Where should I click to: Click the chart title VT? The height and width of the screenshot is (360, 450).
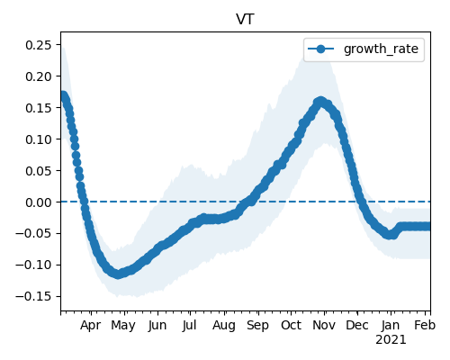click(x=245, y=20)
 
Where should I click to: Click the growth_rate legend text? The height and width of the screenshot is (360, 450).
click(x=381, y=49)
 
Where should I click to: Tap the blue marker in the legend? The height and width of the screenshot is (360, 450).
click(x=320, y=49)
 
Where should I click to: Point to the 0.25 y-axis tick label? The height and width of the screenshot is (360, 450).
click(x=39, y=45)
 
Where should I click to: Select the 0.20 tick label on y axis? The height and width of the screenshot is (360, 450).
click(x=39, y=76)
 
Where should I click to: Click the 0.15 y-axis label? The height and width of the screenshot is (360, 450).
click(x=39, y=108)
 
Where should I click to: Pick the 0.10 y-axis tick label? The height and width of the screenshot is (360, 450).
click(x=39, y=139)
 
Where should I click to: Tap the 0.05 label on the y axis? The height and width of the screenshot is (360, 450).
click(x=39, y=171)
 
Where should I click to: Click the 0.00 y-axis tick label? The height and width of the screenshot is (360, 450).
click(x=39, y=202)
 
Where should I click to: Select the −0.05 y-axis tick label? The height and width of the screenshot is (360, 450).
click(x=34, y=233)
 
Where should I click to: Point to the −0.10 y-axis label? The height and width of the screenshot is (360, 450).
click(x=34, y=265)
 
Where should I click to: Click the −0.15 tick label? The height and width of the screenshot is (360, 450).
click(x=34, y=296)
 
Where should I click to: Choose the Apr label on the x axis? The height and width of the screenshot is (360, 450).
click(x=91, y=326)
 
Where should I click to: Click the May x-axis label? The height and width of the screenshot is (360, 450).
click(x=123, y=326)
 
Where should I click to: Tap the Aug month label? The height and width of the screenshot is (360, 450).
click(x=224, y=326)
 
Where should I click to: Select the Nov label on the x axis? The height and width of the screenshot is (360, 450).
click(x=324, y=326)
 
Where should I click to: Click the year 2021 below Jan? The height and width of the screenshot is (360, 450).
click(x=391, y=340)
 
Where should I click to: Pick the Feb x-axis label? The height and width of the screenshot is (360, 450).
click(x=425, y=326)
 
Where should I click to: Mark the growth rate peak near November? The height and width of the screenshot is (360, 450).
click(x=320, y=101)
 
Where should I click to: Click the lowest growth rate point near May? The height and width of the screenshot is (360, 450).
click(x=119, y=274)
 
